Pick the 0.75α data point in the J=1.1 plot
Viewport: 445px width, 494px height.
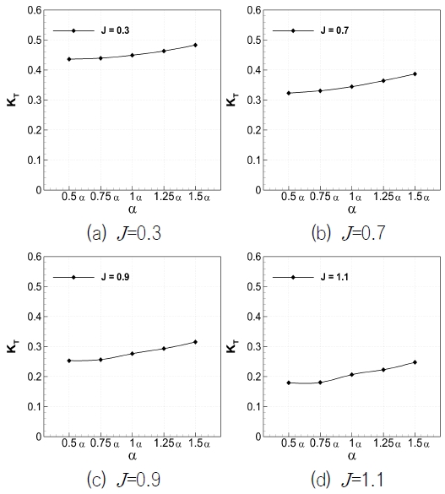click(320, 383)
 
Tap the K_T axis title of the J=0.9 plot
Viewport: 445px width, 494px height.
click(14, 346)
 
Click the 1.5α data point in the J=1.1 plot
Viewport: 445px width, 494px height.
click(415, 362)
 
